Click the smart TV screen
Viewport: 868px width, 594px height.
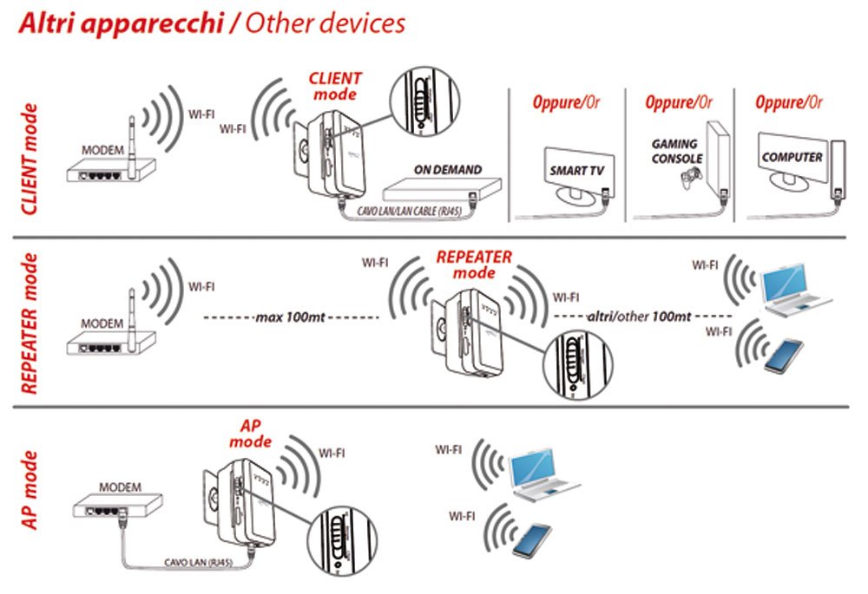click(x=575, y=170)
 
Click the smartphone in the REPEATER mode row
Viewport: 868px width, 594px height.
click(x=783, y=356)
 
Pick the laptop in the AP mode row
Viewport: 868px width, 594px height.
click(x=544, y=473)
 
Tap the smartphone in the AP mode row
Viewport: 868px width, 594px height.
click(x=531, y=539)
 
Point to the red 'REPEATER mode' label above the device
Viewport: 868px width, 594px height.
click(x=473, y=264)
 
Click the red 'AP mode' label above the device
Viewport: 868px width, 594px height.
click(x=250, y=434)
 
